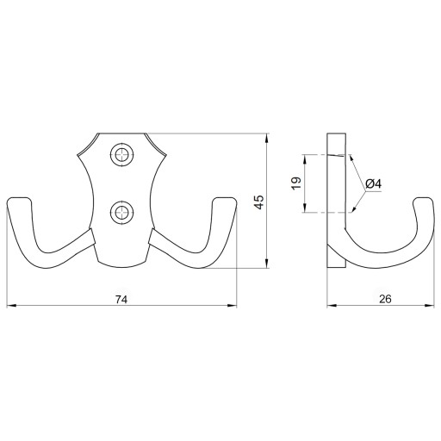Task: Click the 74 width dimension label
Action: (121, 300)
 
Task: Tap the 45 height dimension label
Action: (259, 202)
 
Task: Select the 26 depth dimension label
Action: (385, 299)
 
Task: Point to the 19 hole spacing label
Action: (296, 183)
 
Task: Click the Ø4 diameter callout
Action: (374, 183)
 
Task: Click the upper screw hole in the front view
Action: (122, 155)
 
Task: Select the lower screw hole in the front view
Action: (122, 213)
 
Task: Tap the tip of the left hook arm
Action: (18, 198)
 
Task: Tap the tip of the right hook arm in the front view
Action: (225, 198)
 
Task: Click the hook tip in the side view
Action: (422, 198)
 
